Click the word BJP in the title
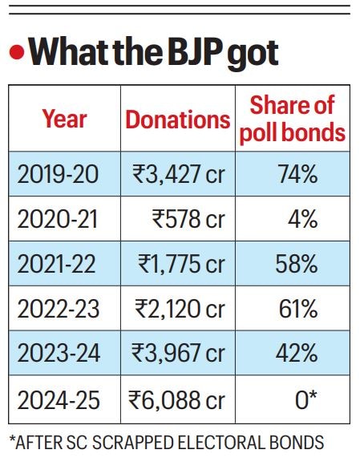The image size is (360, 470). pos(170,53)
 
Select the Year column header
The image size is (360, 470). pos(64,120)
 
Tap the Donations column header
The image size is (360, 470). pos(177,120)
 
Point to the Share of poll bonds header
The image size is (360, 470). pos(292,120)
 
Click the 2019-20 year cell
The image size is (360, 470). pos(64,173)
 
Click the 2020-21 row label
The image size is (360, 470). pos(64,218)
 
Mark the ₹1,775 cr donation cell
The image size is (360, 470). pos(180,263)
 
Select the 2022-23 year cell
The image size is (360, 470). pos(64,308)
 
